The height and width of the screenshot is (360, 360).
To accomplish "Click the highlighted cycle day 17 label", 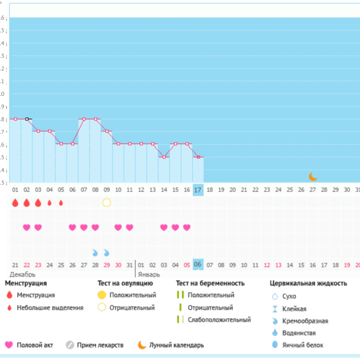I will (198, 190).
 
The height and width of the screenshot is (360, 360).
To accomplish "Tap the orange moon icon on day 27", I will (313, 176).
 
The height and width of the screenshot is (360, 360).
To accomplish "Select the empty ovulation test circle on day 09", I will (107, 203).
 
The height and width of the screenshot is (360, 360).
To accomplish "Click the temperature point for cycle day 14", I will (164, 157).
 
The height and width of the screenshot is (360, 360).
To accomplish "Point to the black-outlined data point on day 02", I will (27, 119).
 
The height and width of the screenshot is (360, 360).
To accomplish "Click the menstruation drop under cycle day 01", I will (15, 203).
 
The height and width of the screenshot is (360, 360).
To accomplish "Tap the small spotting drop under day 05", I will (61, 203).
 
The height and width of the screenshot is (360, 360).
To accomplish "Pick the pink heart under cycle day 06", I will (72, 228).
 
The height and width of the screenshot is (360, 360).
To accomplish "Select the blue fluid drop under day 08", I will (95, 253).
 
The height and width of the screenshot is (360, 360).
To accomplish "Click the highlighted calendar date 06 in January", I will (198, 264).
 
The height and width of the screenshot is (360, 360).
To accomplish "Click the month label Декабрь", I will (22, 274).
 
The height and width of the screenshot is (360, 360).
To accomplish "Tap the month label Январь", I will (149, 274).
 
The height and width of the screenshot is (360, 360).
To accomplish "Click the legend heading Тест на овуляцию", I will (125, 283).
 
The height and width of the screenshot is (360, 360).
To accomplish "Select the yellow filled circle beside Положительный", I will (101, 295).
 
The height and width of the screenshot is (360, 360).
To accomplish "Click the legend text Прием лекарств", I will (101, 345).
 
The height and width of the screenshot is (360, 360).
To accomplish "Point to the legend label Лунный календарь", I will (176, 345).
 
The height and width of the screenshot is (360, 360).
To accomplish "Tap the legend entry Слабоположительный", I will (219, 320).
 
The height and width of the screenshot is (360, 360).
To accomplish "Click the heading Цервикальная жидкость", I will (308, 283).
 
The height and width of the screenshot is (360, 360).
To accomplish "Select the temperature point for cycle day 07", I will (84, 119).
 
